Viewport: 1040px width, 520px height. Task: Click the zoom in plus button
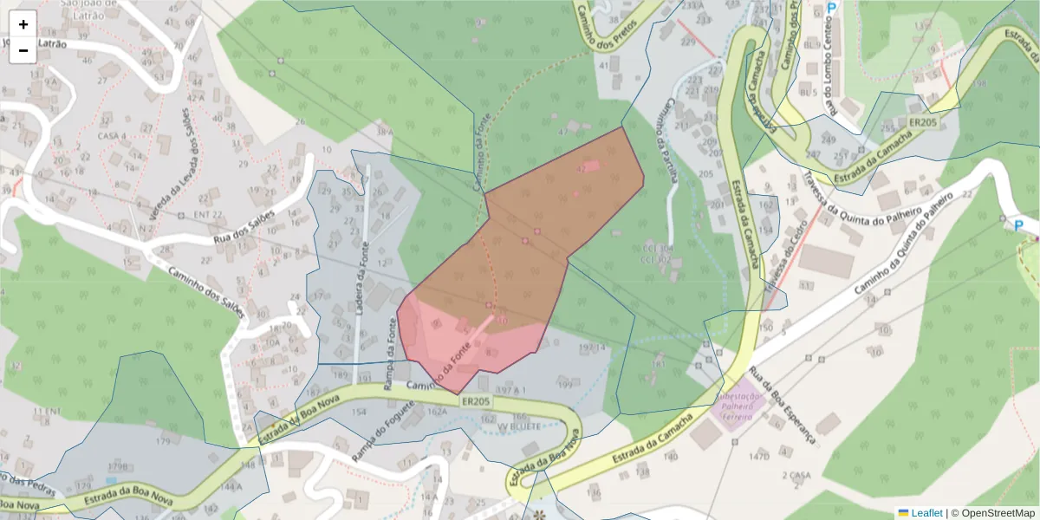tap(23, 24)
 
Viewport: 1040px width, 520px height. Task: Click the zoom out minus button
tap(23, 50)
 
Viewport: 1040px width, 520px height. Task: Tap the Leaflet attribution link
tap(926, 512)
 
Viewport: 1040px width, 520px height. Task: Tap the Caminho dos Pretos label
tap(607, 26)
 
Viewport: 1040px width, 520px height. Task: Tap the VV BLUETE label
tap(520, 426)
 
